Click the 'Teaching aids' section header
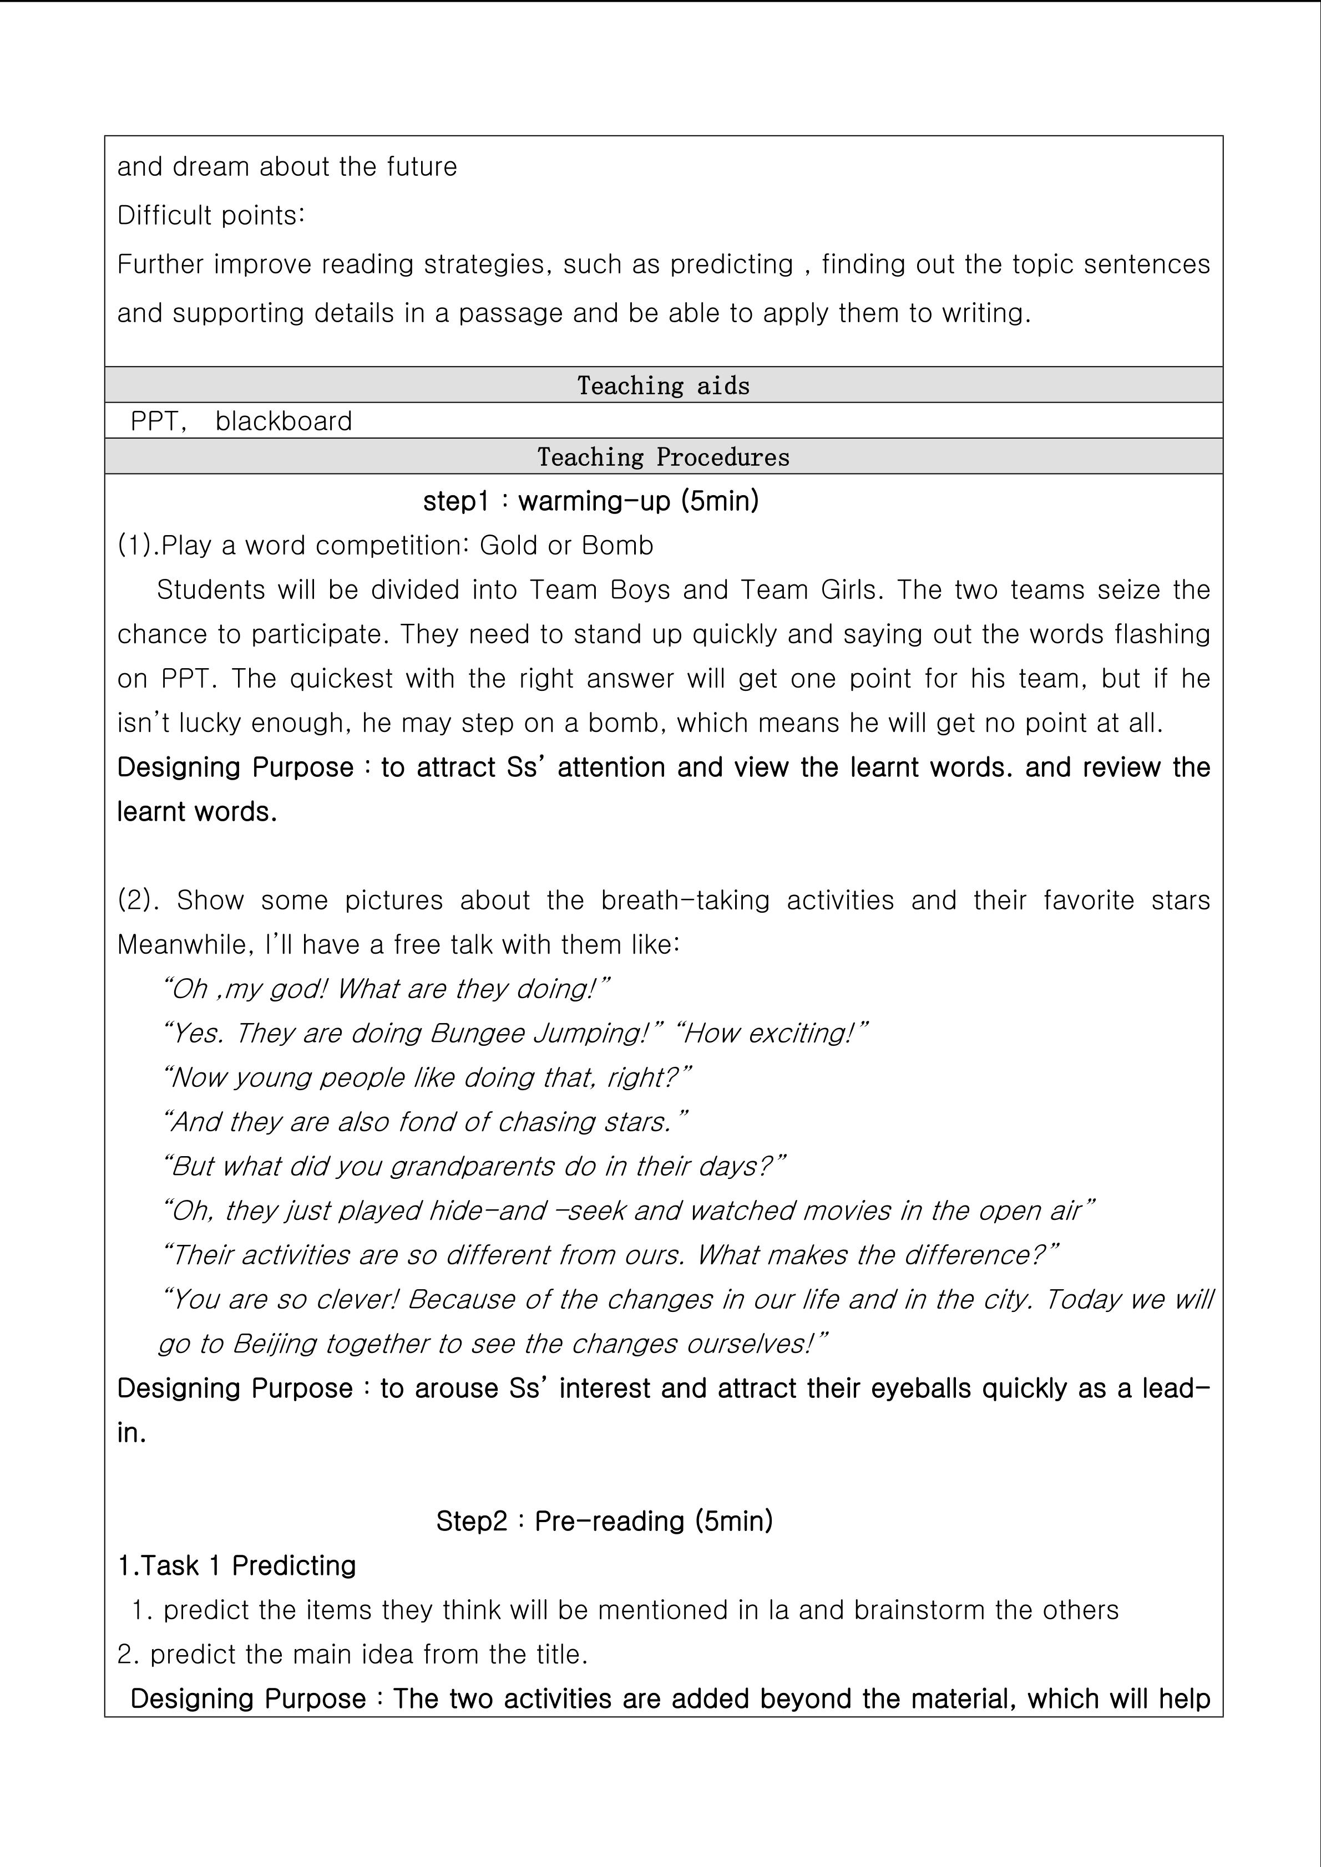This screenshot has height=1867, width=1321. click(663, 385)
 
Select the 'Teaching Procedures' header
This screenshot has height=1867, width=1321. click(663, 457)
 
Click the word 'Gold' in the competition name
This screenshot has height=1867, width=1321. click(507, 546)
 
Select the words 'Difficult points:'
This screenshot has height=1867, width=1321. click(211, 216)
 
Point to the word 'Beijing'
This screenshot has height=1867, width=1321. click(274, 1344)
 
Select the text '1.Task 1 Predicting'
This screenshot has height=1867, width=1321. click(237, 1566)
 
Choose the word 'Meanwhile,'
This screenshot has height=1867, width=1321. click(185, 945)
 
